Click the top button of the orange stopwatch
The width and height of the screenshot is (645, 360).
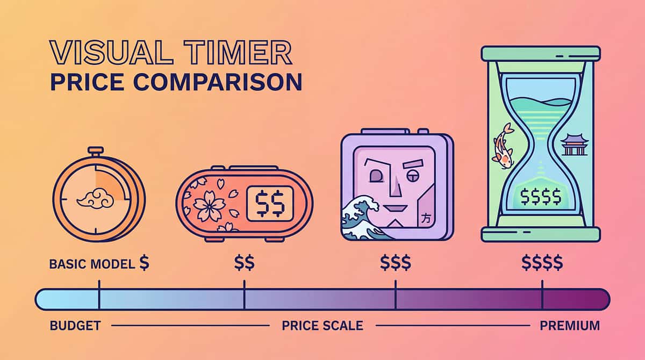pos(96,150)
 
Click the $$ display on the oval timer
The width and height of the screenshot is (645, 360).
pos(270,204)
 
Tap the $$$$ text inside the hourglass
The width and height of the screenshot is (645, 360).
pos(541,197)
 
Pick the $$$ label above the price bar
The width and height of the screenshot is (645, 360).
pos(395,263)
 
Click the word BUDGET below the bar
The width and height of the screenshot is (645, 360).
pos(75,326)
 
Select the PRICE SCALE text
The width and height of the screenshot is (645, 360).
pos(322,326)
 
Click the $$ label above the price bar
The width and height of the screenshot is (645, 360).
pos(244,263)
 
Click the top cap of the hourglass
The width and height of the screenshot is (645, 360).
pos(541,53)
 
